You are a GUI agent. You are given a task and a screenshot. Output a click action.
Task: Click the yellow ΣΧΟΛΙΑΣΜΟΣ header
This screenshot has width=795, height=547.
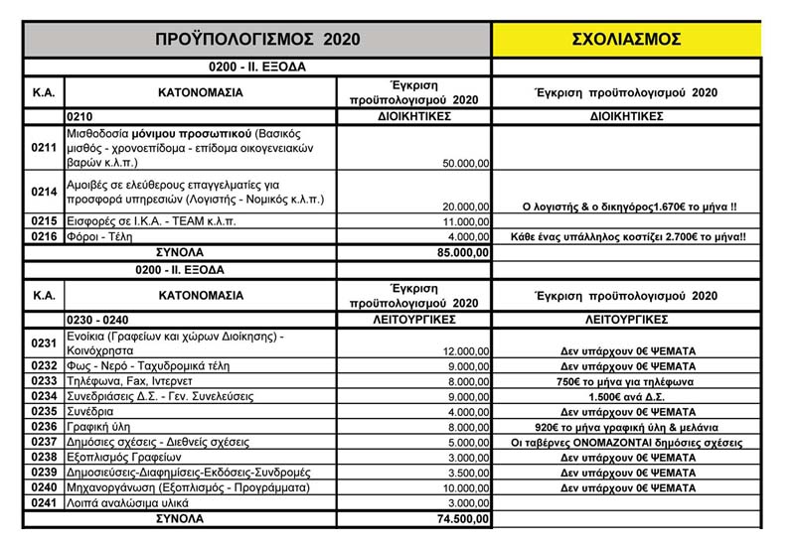coord(626,39)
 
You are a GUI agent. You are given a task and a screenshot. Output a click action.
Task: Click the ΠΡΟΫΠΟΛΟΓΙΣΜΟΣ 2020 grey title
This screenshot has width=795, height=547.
coord(256,39)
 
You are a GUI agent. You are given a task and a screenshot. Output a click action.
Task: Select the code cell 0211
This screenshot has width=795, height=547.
coord(44,148)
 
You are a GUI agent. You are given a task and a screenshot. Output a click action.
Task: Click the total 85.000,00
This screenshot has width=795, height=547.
coord(457,252)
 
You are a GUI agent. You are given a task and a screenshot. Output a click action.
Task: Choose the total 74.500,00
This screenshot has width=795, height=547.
coord(457,517)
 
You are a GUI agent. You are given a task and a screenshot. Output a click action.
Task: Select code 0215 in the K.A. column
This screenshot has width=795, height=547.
coord(44,221)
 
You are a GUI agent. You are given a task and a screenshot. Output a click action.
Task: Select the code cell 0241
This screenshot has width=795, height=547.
coord(44,502)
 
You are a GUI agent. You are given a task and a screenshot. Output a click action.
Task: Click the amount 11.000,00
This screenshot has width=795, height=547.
coord(464,221)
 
